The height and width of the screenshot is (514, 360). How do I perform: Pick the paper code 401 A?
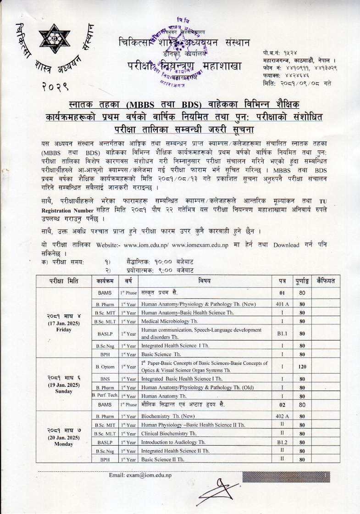(x=282, y=304)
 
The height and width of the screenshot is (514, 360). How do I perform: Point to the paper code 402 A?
(x=282, y=416)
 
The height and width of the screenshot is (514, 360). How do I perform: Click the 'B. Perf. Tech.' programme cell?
(x=105, y=396)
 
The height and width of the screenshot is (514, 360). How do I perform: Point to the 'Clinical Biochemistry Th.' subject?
(x=168, y=434)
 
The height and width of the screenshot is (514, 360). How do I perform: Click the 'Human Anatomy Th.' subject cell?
(x=164, y=396)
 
